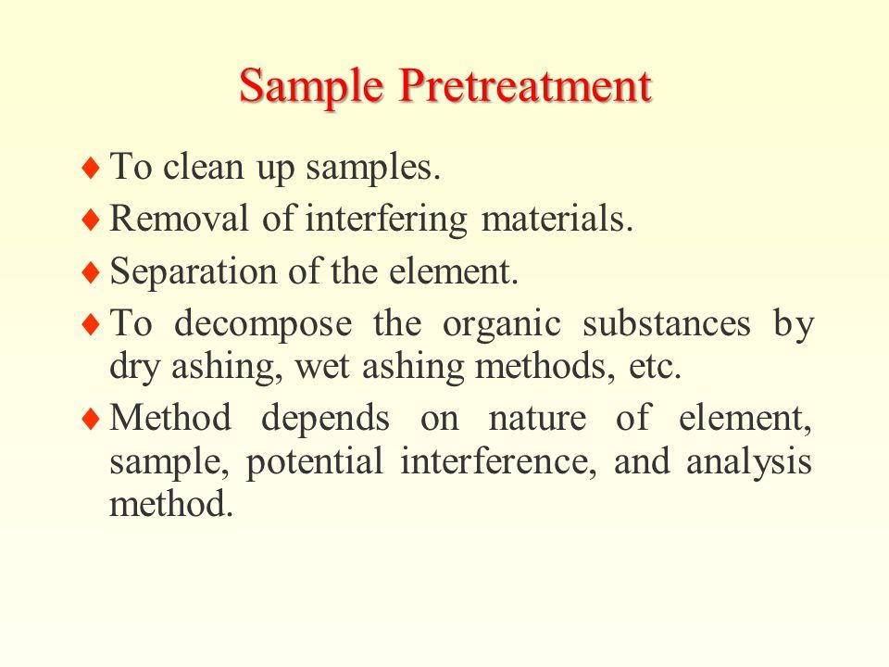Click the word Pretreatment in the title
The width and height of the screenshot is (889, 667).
pyautogui.click(x=525, y=85)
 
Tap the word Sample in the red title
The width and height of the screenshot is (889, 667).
pyautogui.click(x=311, y=86)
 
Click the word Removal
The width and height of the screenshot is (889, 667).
pyautogui.click(x=179, y=218)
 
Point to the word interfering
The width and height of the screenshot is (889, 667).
pyautogui.click(x=386, y=220)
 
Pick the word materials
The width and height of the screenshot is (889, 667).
pyautogui.click(x=557, y=219)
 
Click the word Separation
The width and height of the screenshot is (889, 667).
pyautogui.click(x=194, y=272)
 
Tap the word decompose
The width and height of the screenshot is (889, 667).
pyautogui.click(x=263, y=325)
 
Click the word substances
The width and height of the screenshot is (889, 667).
pyautogui.click(x=667, y=323)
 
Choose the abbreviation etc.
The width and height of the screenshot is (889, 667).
pyautogui.click(x=655, y=367)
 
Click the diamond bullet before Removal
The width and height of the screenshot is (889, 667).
pyautogui.click(x=91, y=220)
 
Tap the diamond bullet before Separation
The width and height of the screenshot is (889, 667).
pyautogui.click(x=91, y=272)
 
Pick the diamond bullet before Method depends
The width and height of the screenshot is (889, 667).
pyautogui.click(x=91, y=420)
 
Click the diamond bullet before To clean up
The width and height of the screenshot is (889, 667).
pyautogui.click(x=91, y=168)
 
